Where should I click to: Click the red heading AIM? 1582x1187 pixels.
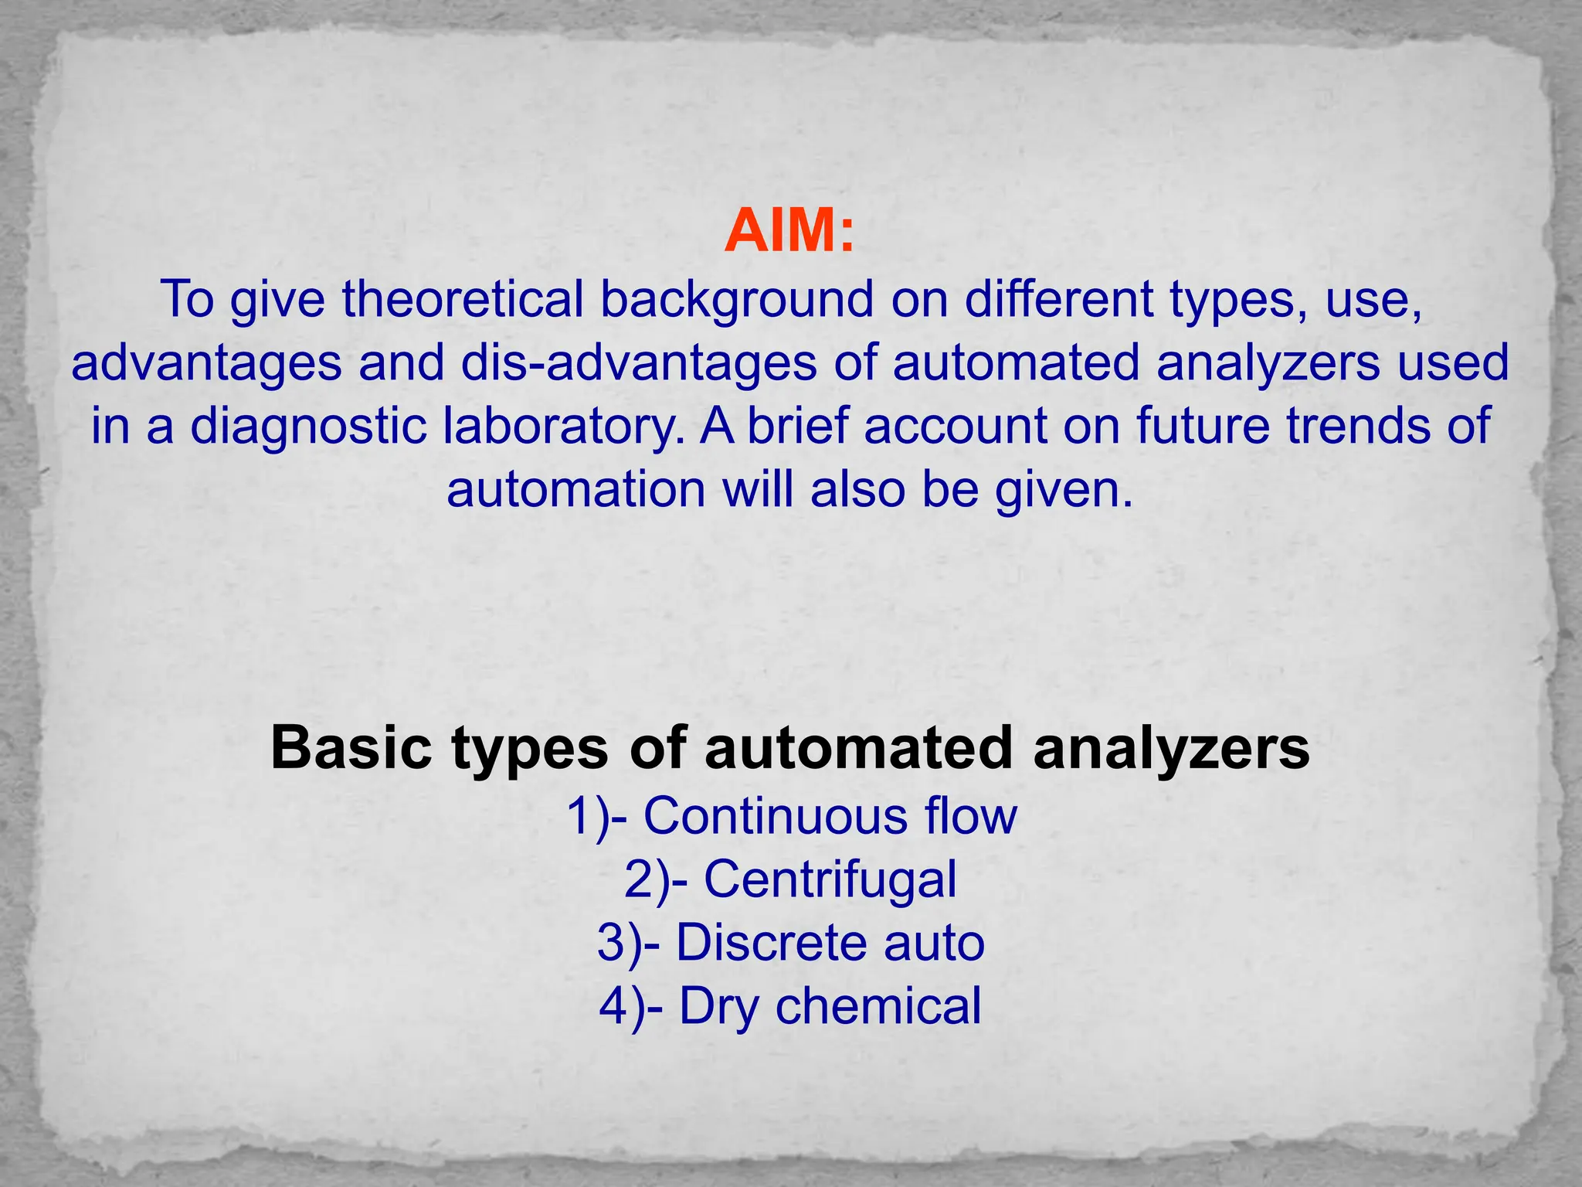pyautogui.click(x=789, y=230)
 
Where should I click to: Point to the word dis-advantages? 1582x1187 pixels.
pyautogui.click(x=639, y=362)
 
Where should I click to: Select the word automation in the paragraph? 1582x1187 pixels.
pyautogui.click(x=576, y=489)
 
